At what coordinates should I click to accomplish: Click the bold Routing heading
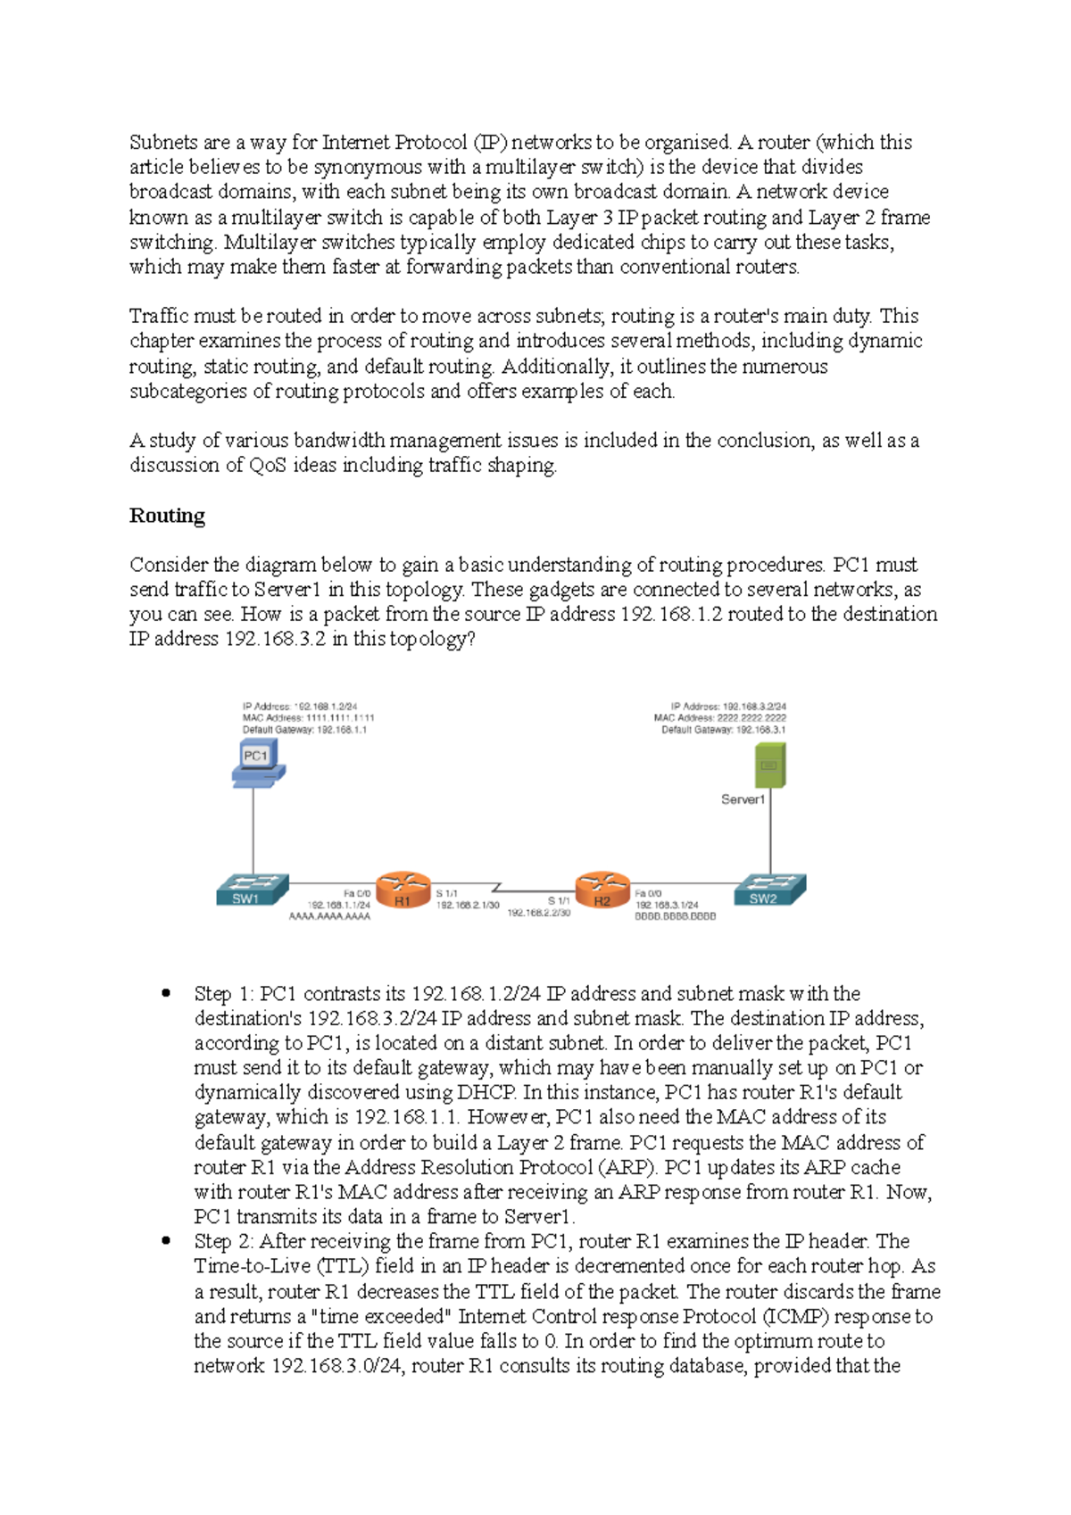click(x=167, y=516)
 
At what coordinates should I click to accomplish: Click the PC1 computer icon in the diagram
click(x=258, y=765)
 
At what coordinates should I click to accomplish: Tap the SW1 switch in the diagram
click(x=253, y=890)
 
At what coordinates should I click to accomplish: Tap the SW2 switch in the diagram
click(x=769, y=890)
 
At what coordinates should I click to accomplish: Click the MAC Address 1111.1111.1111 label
click(x=308, y=717)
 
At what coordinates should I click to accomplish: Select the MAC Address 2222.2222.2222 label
click(x=719, y=717)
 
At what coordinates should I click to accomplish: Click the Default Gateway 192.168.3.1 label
click(x=723, y=730)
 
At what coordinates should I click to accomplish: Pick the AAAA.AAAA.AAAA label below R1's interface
click(x=329, y=916)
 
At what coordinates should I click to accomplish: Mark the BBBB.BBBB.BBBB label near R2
click(x=675, y=916)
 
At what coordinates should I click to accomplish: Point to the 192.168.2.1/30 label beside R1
click(x=467, y=905)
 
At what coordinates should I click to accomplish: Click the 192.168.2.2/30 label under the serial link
click(x=538, y=913)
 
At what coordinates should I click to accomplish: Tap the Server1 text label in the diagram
click(x=743, y=799)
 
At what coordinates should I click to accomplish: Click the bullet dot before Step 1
click(x=166, y=993)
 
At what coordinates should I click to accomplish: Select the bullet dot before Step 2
click(x=166, y=1240)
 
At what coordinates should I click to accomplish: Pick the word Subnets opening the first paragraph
click(x=162, y=142)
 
